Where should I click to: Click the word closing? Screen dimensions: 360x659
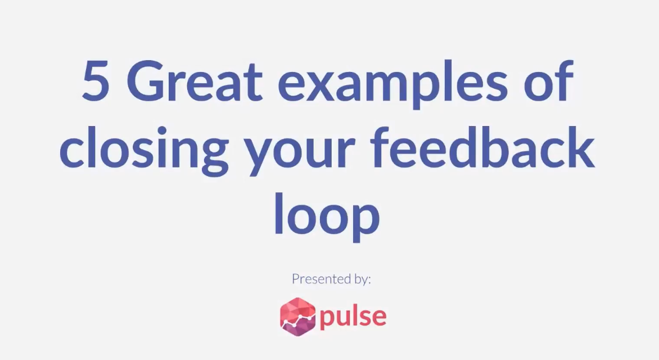click(x=143, y=149)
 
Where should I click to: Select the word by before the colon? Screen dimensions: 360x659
click(x=360, y=280)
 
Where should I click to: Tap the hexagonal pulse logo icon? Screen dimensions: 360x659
click(x=297, y=316)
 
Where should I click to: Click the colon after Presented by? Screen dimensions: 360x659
click(x=369, y=281)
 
